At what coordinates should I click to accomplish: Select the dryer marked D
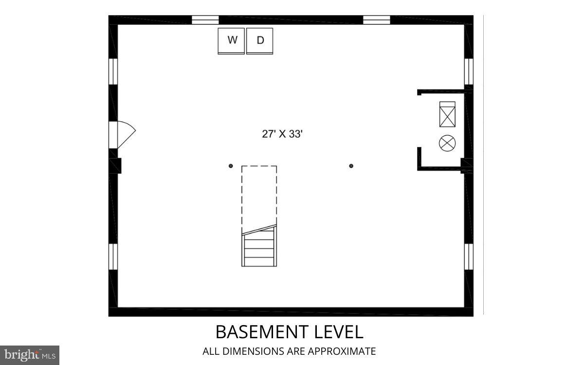coord(260,41)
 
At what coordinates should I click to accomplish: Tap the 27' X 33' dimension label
coord(282,134)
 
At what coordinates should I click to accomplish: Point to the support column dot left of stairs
coord(231,166)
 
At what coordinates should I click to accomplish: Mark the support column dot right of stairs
coord(351,166)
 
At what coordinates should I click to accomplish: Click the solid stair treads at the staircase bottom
coord(259,248)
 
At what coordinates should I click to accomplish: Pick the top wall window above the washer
coord(205,20)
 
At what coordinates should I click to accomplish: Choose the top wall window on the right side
coord(377,20)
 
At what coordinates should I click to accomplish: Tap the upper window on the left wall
coord(113,71)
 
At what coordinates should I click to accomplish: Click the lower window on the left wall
coord(113,256)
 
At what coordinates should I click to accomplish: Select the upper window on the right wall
coord(469,71)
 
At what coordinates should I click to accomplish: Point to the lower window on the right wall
coord(469,256)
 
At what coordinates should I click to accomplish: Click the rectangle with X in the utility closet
coord(447,114)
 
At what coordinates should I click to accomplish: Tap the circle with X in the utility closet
coord(447,143)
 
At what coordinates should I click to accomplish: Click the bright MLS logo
coord(29,355)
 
